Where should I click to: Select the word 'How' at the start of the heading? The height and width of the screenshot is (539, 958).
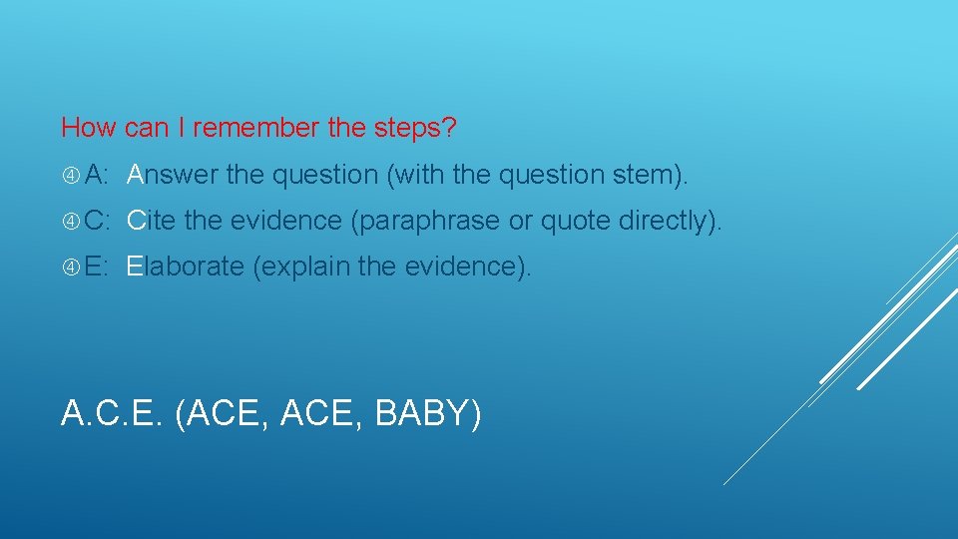pyautogui.click(x=90, y=128)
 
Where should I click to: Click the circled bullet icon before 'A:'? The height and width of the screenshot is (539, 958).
pyautogui.click(x=71, y=176)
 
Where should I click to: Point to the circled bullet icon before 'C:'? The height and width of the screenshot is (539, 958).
pyautogui.click(x=71, y=222)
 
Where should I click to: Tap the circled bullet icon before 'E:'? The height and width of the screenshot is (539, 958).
pyautogui.click(x=71, y=268)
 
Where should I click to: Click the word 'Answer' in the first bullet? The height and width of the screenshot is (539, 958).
pyautogui.click(x=173, y=176)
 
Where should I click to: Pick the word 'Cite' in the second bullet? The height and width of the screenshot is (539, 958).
pyautogui.click(x=153, y=222)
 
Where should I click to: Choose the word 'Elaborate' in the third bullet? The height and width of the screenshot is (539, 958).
pyautogui.click(x=185, y=268)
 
